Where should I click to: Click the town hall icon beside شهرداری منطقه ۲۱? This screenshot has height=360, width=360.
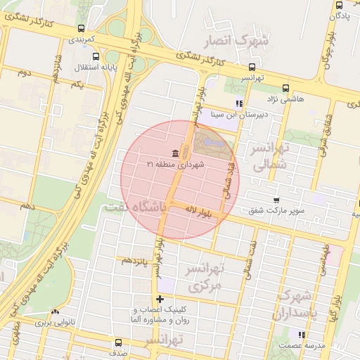[x=174, y=154]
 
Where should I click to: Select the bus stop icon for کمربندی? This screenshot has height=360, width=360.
[x=82, y=29]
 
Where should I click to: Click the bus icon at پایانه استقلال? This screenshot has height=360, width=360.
[x=96, y=56]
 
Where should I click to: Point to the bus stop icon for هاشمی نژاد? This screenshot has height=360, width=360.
[x=285, y=89]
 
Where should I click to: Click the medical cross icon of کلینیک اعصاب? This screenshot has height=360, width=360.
[x=160, y=300]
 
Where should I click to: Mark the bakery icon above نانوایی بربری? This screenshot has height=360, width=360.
[x=55, y=312]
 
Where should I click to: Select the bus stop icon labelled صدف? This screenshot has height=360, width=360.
[x=118, y=342]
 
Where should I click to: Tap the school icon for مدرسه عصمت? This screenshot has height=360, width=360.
[x=301, y=335]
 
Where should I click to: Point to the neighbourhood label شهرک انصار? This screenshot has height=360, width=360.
[x=235, y=42]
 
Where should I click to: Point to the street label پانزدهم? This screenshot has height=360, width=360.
[x=134, y=261]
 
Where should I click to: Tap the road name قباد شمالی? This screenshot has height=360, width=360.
[x=229, y=182]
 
